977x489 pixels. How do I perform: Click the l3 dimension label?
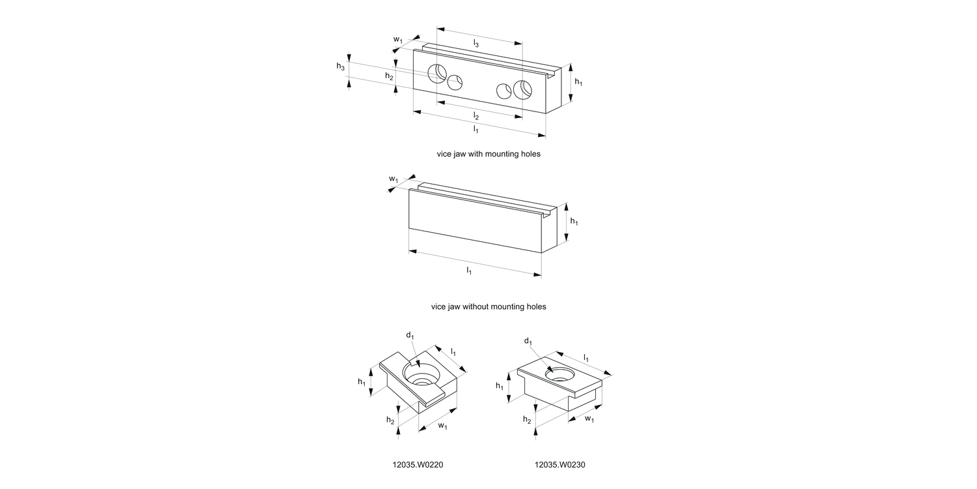[476, 44]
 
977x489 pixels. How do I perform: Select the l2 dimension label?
[476, 116]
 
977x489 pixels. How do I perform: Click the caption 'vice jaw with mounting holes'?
[488, 155]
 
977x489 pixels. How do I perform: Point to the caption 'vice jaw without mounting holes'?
[488, 306]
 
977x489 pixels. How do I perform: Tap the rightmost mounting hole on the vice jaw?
[523, 89]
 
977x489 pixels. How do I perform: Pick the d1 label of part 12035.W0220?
[410, 335]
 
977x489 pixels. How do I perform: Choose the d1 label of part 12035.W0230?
[528, 342]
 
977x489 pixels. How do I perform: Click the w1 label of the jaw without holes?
[393, 179]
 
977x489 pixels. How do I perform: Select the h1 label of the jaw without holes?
[574, 222]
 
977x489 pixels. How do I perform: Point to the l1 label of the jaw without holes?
[469, 270]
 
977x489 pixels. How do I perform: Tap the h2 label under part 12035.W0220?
[390, 421]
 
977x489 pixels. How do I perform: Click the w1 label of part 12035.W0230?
[589, 419]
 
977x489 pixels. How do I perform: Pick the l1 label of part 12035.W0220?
[453, 352]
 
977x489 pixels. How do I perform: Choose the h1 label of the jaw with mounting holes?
[578, 81]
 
